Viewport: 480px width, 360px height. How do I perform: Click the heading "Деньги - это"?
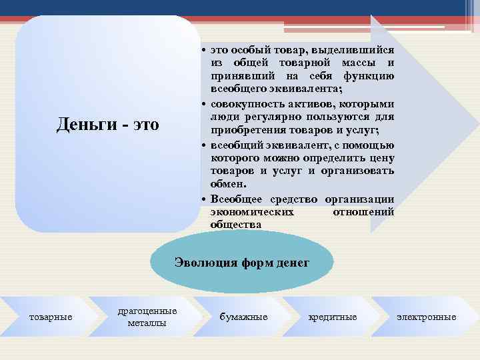(108, 124)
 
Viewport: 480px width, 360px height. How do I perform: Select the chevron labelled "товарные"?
(51, 317)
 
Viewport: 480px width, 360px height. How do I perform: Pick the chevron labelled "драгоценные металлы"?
(147, 317)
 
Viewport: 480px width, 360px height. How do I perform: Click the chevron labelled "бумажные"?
(243, 317)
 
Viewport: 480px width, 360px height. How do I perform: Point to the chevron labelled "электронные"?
(427, 317)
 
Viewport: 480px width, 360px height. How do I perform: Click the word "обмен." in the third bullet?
(228, 184)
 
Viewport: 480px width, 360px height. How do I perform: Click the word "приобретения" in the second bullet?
(243, 130)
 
